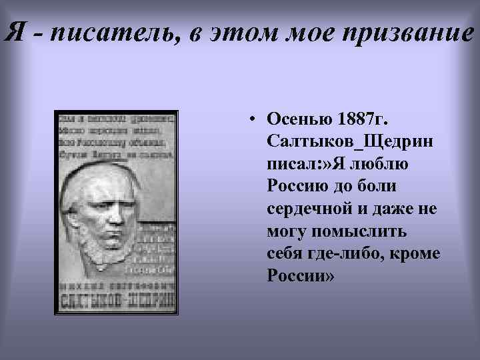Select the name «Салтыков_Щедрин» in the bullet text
(341, 141)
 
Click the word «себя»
(285, 253)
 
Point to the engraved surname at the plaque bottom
(117, 298)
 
